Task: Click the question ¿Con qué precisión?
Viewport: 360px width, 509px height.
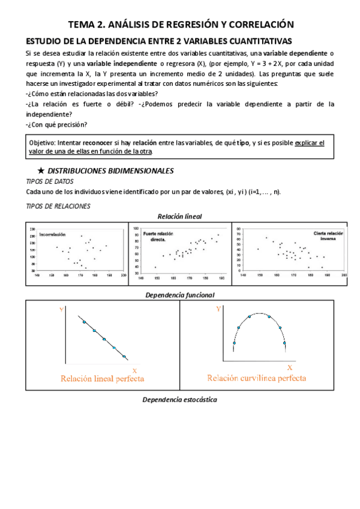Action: click(57, 125)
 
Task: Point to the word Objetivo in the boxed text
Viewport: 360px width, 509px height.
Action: click(42, 143)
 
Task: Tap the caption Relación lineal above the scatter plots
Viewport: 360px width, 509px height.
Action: click(179, 216)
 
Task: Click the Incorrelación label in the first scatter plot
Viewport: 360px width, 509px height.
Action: click(52, 235)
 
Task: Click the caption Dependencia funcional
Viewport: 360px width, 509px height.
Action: click(179, 295)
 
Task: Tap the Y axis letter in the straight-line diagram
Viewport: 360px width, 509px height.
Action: click(61, 309)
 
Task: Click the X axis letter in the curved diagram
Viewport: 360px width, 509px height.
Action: click(289, 367)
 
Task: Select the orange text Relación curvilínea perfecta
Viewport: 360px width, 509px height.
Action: click(256, 378)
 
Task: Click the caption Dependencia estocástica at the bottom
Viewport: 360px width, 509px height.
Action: click(179, 400)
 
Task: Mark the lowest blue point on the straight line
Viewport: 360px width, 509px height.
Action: click(124, 357)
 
